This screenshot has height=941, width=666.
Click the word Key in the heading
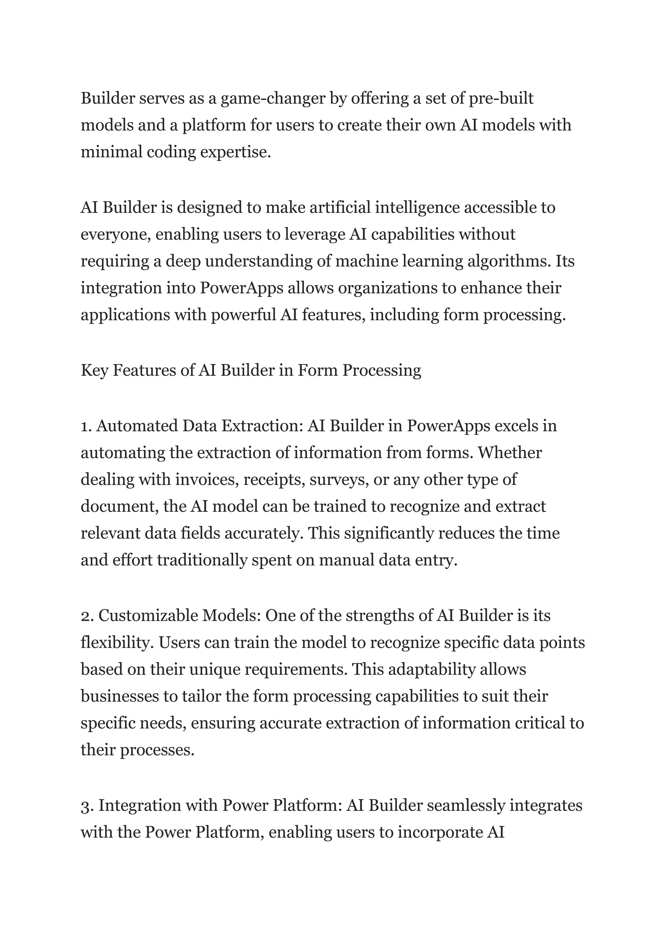[x=94, y=370]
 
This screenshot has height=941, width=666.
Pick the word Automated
[x=137, y=426]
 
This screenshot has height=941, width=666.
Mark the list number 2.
[x=87, y=616]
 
